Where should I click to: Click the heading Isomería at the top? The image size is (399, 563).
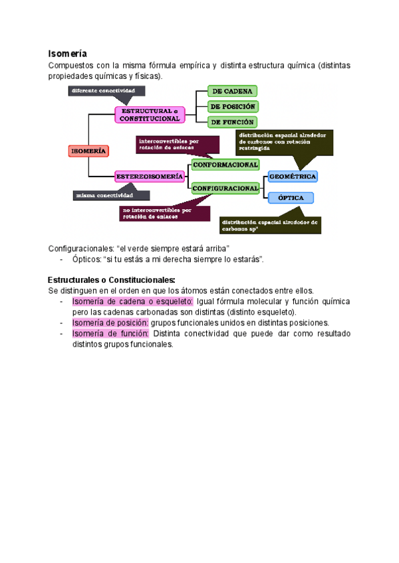[x=68, y=53]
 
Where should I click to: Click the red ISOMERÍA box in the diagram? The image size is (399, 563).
[x=88, y=151]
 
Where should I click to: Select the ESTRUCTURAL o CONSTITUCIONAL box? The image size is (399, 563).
[x=150, y=115]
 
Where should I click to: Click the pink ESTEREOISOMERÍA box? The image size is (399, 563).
[x=150, y=177]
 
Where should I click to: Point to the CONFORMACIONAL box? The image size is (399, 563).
[x=225, y=164]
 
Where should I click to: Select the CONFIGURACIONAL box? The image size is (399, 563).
[x=225, y=189]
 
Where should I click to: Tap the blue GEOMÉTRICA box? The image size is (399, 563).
[x=292, y=177]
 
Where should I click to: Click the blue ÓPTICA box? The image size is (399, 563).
[x=291, y=198]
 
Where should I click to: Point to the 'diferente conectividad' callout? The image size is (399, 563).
[x=104, y=90]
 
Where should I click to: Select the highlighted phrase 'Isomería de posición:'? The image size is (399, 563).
[x=110, y=322]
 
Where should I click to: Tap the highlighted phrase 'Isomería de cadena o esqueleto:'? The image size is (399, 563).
[x=132, y=301]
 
